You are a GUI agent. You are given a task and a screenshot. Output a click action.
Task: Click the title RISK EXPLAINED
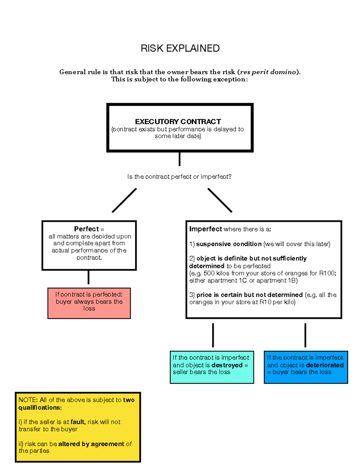[x=180, y=48]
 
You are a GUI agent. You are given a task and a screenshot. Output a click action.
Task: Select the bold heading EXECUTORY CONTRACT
[x=178, y=122]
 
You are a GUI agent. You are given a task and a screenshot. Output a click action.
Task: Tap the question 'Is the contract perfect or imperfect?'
[x=179, y=177]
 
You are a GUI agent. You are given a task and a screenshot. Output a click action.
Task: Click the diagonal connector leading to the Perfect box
[x=124, y=200]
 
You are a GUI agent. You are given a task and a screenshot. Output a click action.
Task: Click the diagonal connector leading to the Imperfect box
[x=220, y=200]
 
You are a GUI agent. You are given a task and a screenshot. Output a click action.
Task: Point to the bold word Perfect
[x=86, y=229]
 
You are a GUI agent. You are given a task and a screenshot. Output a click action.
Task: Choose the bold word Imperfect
[x=205, y=229]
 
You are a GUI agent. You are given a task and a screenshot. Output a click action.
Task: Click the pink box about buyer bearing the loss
[x=89, y=303]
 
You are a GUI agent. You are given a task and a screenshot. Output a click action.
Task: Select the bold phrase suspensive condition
[x=229, y=244]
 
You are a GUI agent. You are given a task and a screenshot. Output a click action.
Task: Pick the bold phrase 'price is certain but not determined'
[x=249, y=295]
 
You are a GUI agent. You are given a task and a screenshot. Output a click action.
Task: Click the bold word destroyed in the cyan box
[x=227, y=365]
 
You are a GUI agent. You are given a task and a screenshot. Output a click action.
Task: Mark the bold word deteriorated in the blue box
[x=325, y=365]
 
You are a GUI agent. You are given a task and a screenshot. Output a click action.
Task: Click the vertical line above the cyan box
[x=213, y=335]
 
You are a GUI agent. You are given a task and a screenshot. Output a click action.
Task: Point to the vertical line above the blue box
[x=305, y=335]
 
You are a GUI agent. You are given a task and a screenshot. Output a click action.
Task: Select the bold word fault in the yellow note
[x=78, y=422]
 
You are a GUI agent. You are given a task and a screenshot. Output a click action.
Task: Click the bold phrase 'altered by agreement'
[x=91, y=444]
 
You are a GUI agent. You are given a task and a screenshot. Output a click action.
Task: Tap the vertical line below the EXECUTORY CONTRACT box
[x=179, y=159]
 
